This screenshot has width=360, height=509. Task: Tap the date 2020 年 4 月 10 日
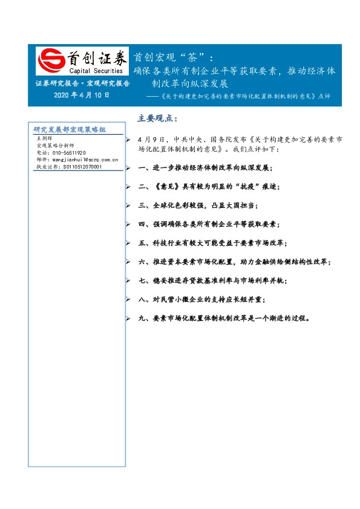[82, 95]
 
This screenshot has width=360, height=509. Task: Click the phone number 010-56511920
[61, 153]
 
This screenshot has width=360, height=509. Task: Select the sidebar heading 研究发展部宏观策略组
[70, 129]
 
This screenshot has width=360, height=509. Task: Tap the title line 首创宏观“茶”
[173, 58]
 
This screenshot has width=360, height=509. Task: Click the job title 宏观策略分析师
[55, 146]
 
